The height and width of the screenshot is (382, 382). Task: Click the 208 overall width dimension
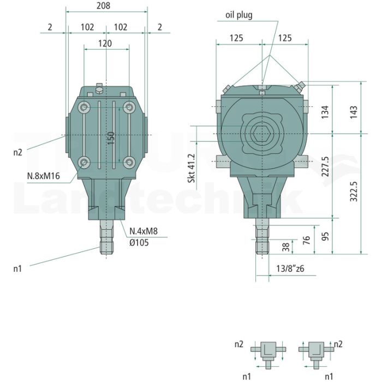pos(103,5)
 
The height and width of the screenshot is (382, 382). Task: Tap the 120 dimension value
pos(105,43)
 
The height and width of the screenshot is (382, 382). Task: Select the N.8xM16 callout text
pos(43,176)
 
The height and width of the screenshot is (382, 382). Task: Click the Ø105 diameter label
pos(139,243)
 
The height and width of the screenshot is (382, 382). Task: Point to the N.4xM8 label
pos(144,231)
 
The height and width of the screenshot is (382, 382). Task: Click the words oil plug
pos(239,15)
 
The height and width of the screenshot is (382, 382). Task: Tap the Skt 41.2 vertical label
pos(192,168)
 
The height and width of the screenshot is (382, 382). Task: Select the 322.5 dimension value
pos(354,192)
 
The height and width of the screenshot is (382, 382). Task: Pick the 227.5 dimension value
pos(325,166)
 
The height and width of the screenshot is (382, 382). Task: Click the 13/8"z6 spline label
pos(290,268)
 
